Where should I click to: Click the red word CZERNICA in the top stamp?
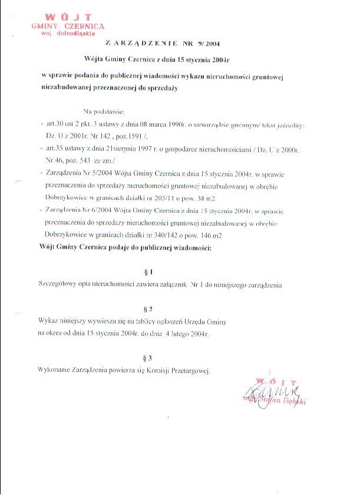coord(83,27)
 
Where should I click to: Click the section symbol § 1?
coord(148,272)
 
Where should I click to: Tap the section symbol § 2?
coord(148,308)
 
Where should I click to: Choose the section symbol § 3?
coord(148,357)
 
